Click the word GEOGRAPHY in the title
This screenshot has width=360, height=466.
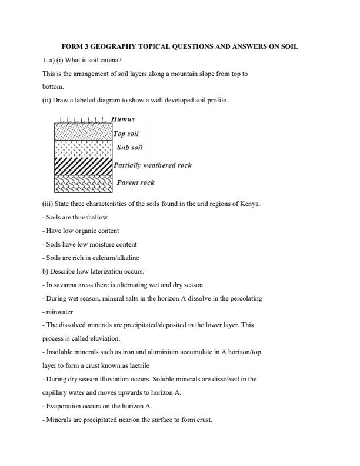tap(119, 46)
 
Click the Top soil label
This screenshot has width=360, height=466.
tap(126, 134)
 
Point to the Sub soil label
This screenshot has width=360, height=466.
tap(129, 148)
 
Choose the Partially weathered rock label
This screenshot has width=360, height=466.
tap(152, 165)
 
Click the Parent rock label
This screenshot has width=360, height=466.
tap(135, 182)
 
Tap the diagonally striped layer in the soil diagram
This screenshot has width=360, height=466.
tap(83, 166)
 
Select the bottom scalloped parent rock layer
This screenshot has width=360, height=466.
tap(83, 184)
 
